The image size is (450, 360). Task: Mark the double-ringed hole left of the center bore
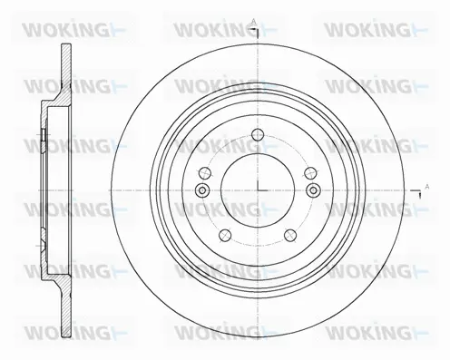[x=201, y=189]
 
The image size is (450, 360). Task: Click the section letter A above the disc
[x=253, y=20]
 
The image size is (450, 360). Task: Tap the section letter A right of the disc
[x=426, y=186]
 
